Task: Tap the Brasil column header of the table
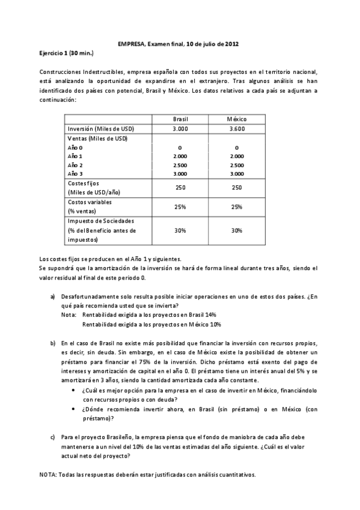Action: [180, 119]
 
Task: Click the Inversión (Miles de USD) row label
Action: [101, 129]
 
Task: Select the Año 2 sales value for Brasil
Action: [180, 164]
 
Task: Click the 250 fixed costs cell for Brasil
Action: [180, 188]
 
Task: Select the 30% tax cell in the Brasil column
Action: [180, 230]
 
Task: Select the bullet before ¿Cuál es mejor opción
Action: [73, 391]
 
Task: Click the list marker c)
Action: [53, 438]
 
